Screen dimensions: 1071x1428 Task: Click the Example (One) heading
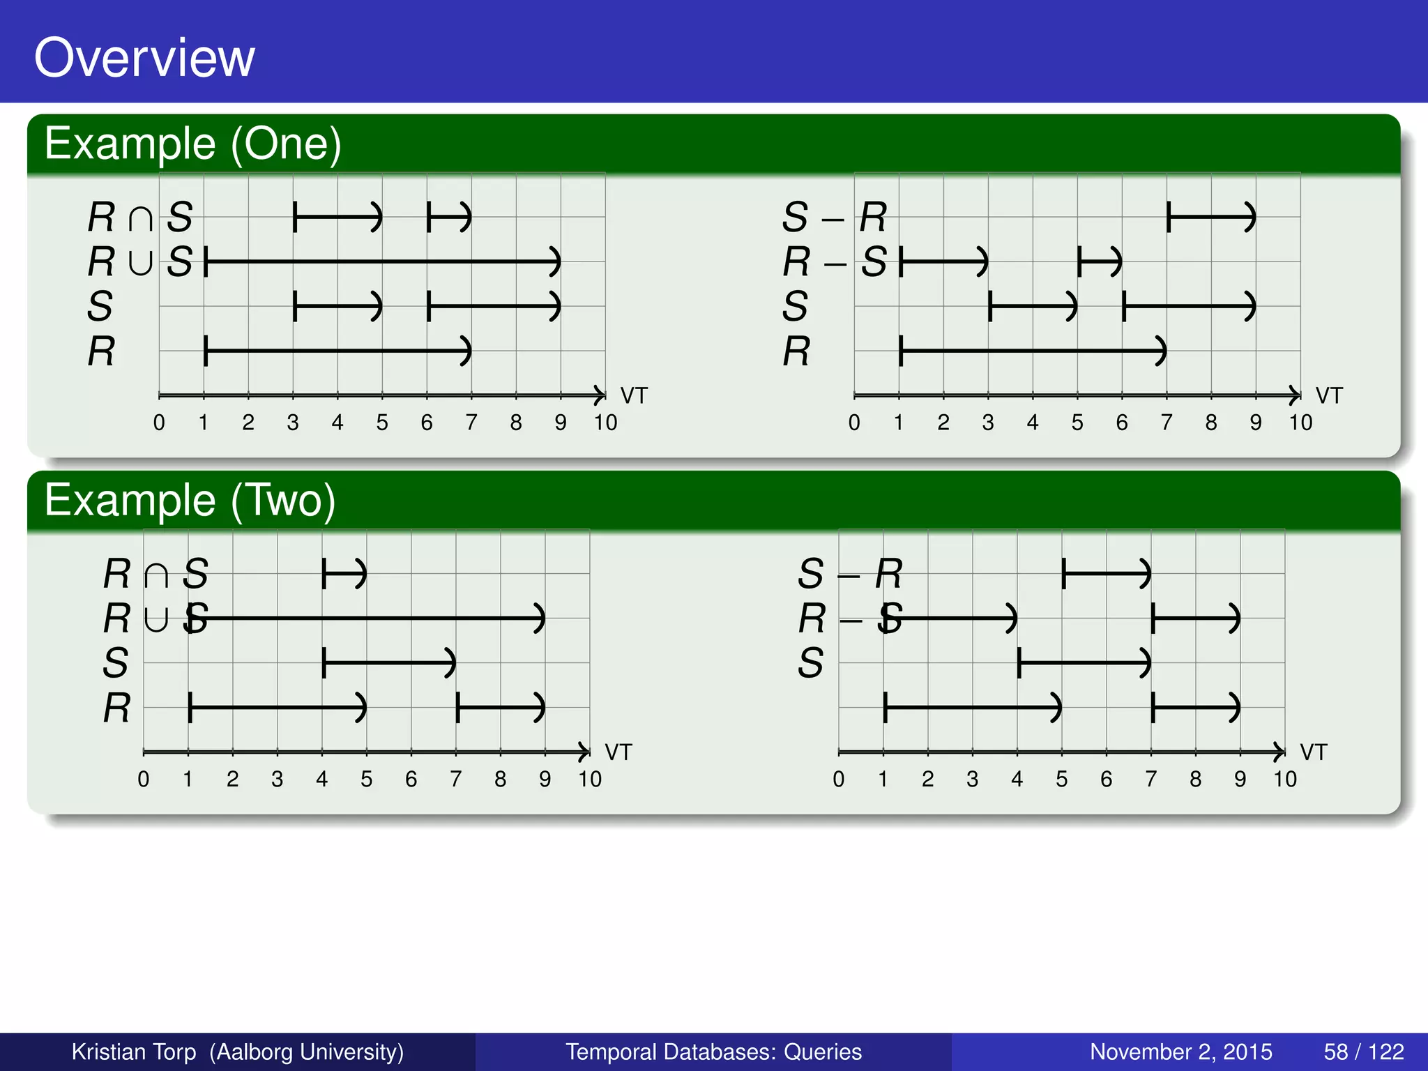[x=192, y=144]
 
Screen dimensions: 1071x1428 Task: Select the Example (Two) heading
[x=190, y=501]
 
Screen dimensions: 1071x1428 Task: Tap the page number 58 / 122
[x=1363, y=1051]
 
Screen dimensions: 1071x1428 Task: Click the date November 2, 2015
[x=1180, y=1051]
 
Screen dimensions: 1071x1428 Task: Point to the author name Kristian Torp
[x=134, y=1051]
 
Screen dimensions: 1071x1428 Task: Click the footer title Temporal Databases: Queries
[x=713, y=1051]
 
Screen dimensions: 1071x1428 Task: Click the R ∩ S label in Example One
[x=139, y=217]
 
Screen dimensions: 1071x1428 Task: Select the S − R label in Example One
[x=834, y=217]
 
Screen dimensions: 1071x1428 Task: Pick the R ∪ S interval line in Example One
[x=382, y=261]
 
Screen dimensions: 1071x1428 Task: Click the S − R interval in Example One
[x=1211, y=217]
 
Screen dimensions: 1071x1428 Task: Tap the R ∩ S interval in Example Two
[x=344, y=574]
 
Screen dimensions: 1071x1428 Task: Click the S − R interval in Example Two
[x=1107, y=574]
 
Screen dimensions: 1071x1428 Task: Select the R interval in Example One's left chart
[x=337, y=351]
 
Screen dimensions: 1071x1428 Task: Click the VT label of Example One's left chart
[x=634, y=396]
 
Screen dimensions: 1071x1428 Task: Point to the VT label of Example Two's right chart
[x=1314, y=753]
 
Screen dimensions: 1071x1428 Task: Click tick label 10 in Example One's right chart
[x=1300, y=423]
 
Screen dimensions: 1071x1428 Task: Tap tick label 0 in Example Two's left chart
[x=144, y=780]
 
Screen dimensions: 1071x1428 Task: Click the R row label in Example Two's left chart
[x=116, y=708]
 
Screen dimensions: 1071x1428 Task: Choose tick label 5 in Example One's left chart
[x=382, y=423]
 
